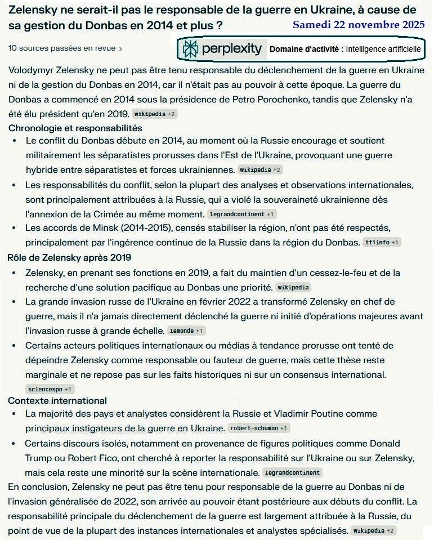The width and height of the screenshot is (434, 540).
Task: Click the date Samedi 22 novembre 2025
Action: [x=358, y=26]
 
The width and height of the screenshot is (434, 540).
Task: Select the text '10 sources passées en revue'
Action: [x=61, y=48]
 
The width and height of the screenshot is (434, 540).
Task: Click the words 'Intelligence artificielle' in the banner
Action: [x=383, y=50]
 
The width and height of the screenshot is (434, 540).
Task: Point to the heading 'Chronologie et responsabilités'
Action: [x=75, y=128]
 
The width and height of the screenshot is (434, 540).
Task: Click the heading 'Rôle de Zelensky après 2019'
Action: [x=69, y=258]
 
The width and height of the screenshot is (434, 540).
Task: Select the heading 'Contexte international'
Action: [x=57, y=400]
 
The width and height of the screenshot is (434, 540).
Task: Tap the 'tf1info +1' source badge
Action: [x=382, y=243]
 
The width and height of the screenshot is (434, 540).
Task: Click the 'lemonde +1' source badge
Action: [x=186, y=331]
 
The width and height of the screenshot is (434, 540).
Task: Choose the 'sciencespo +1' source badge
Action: [x=50, y=389]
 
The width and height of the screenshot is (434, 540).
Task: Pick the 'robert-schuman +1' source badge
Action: [x=258, y=428]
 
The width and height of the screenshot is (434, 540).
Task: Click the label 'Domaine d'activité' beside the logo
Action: [x=306, y=50]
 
